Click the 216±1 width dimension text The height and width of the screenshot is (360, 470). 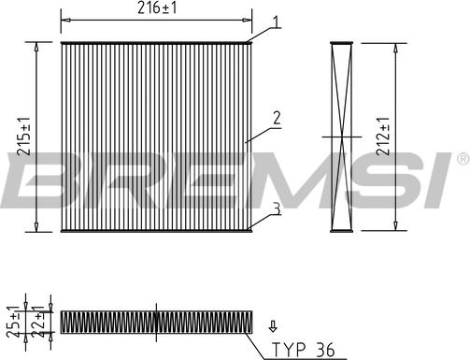pyautogui.click(x=157, y=7)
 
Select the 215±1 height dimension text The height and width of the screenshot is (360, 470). pyautogui.click(x=24, y=137)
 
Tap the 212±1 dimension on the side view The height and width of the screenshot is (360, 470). pyautogui.click(x=383, y=137)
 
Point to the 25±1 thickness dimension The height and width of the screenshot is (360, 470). pyautogui.click(x=13, y=323)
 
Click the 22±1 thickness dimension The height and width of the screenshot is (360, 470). pyautogui.click(x=38, y=322)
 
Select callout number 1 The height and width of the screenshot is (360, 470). pyautogui.click(x=276, y=22)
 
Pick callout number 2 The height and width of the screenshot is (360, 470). pyautogui.click(x=277, y=118)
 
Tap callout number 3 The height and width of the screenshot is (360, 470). pyautogui.click(x=277, y=209)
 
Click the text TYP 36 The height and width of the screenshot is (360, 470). pyautogui.click(x=303, y=350)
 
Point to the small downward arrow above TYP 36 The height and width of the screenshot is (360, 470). pyautogui.click(x=273, y=325)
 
